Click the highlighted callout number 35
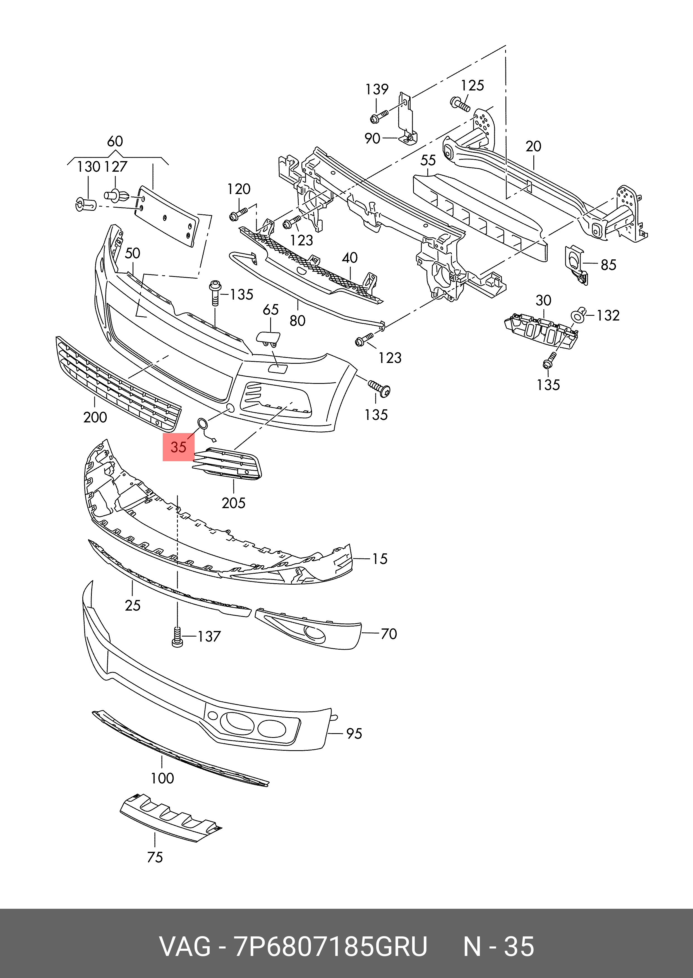click(178, 447)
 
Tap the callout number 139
click(377, 89)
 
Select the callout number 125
click(473, 85)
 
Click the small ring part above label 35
click(202, 424)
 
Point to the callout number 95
click(354, 733)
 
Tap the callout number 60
click(115, 141)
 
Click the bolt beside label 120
click(238, 214)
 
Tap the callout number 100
click(162, 778)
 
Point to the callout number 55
click(428, 161)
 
